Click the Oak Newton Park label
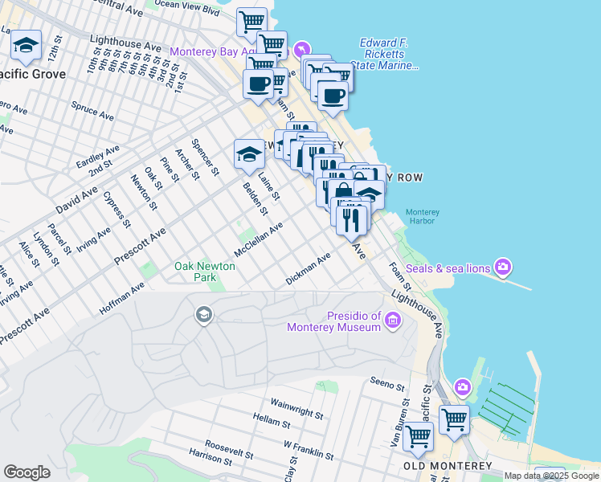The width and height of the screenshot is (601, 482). (x=205, y=272)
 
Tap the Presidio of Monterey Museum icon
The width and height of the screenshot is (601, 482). (x=393, y=321)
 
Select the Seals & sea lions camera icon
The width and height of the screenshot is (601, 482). (x=503, y=266)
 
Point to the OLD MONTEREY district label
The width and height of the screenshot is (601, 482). (x=448, y=466)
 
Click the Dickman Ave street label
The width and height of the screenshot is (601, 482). (x=309, y=269)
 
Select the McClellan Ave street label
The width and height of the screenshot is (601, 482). (x=259, y=237)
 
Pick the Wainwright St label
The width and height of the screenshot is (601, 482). (x=296, y=403)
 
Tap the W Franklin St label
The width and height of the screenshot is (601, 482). (x=309, y=447)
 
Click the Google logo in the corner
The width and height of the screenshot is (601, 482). (x=27, y=472)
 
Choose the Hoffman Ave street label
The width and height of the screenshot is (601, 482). (x=122, y=296)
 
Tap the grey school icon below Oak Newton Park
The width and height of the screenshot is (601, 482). (x=204, y=315)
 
